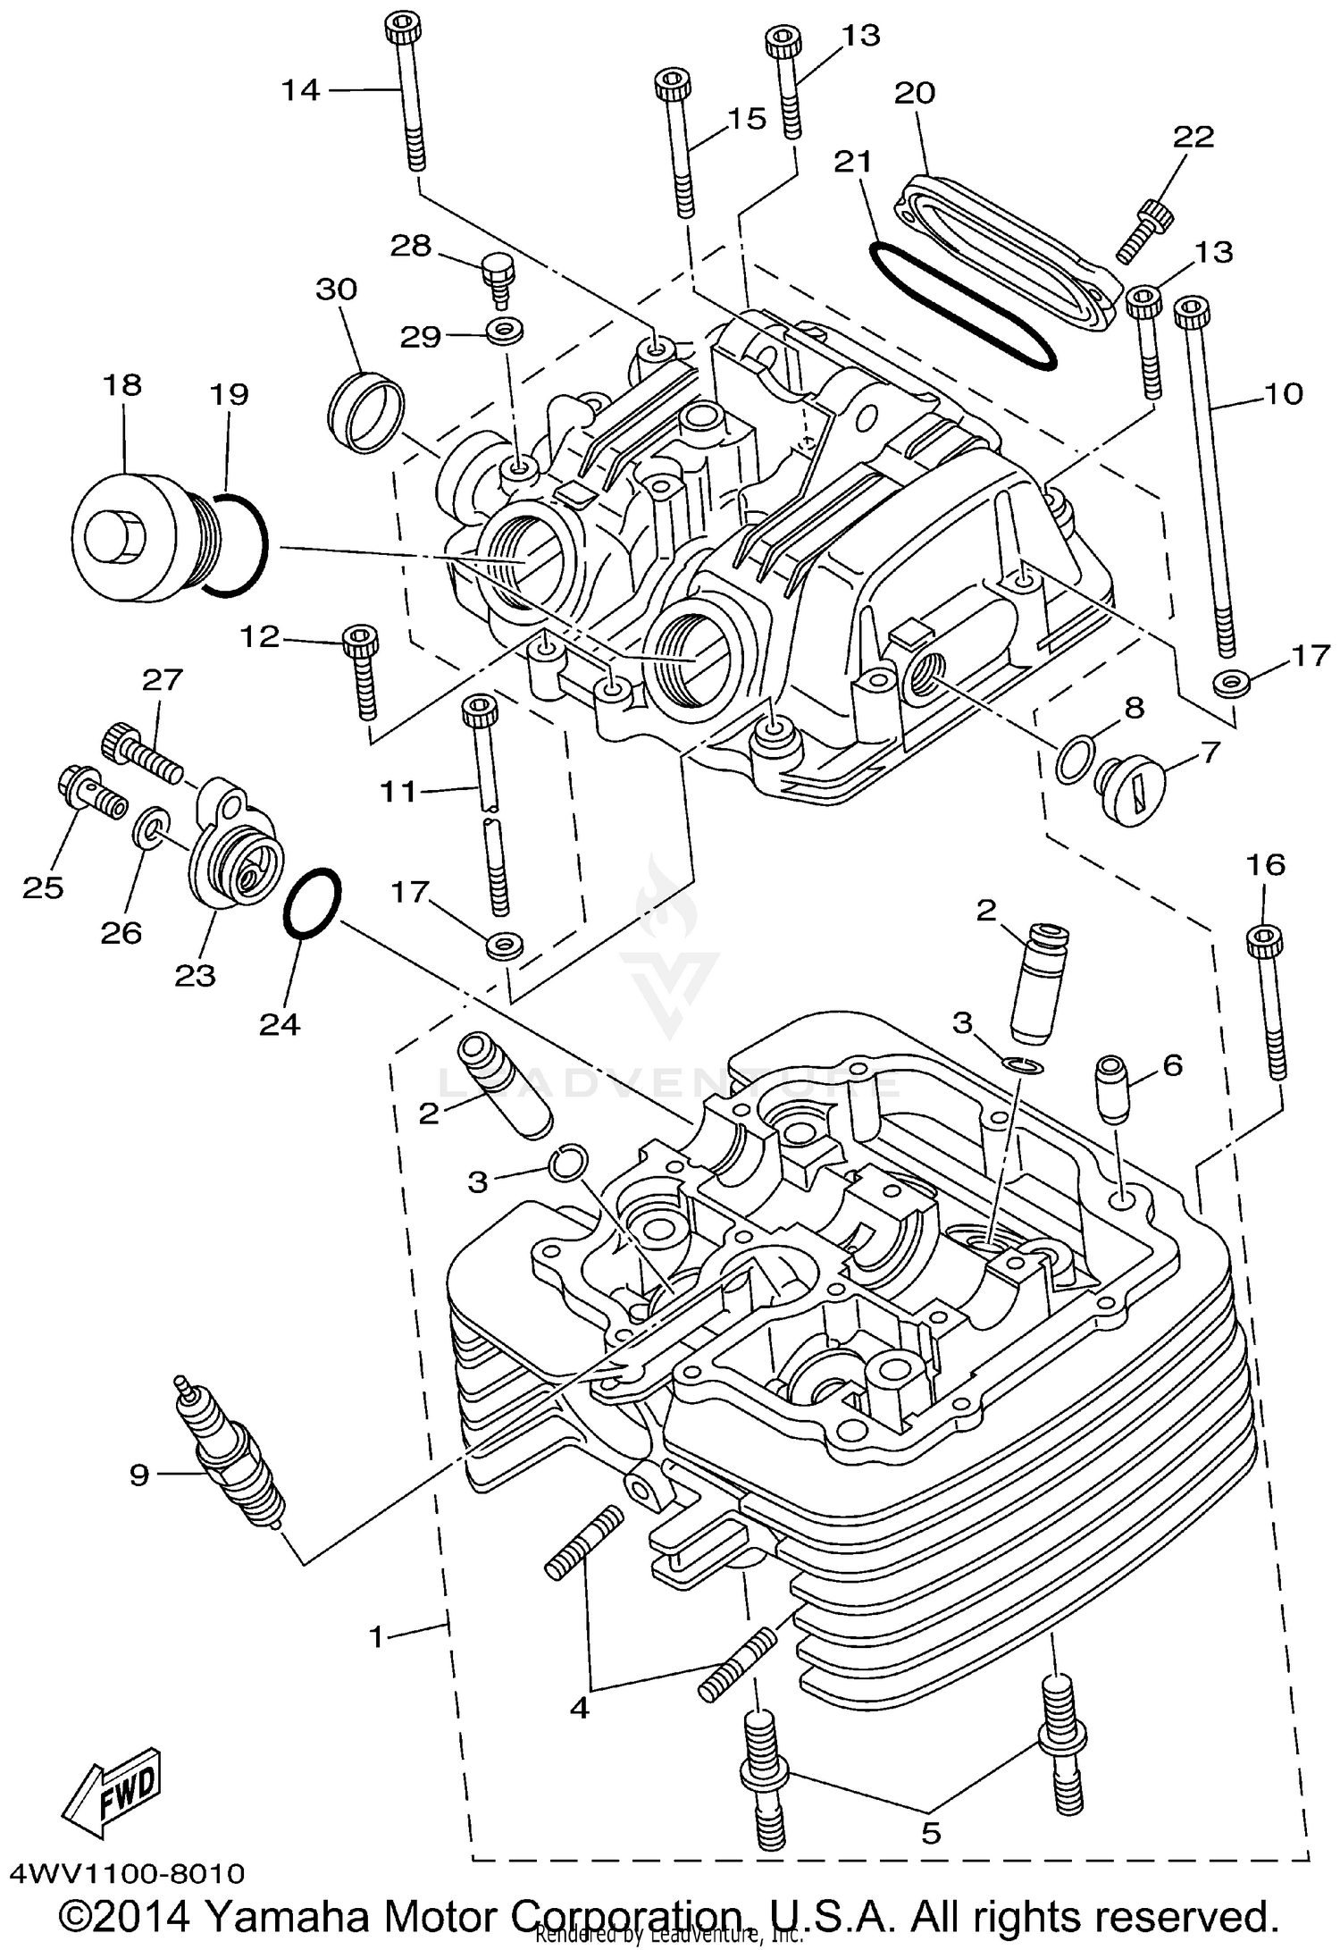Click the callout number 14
point(301,90)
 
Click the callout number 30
point(337,290)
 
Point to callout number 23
point(196,975)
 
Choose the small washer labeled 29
point(506,332)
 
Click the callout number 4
point(580,1709)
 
